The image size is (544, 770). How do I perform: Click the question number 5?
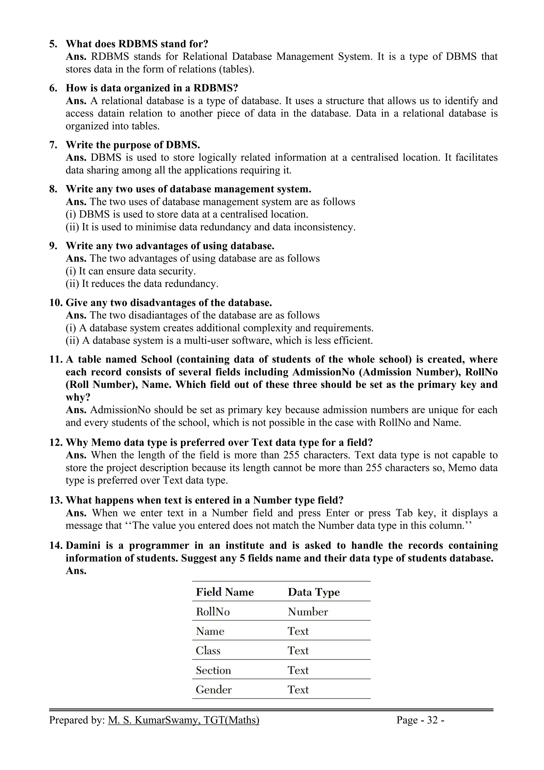pyautogui.click(x=53, y=44)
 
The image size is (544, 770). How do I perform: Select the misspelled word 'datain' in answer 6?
pyautogui.click(x=112, y=114)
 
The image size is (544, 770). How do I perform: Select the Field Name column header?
pyautogui.click(x=224, y=592)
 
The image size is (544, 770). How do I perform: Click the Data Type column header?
pyautogui.click(x=313, y=592)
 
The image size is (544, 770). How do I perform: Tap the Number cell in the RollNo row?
pyautogui.click(x=307, y=612)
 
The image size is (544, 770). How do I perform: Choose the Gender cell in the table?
pyautogui.click(x=214, y=690)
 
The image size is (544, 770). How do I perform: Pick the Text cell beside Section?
pyautogui.click(x=298, y=670)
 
